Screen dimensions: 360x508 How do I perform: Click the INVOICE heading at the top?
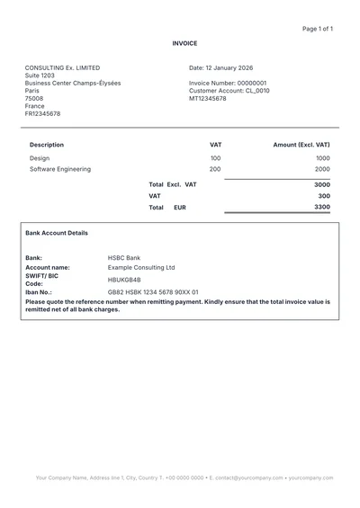(x=184, y=43)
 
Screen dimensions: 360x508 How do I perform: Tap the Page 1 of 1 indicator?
(x=318, y=29)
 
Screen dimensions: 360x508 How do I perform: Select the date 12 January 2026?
(x=220, y=67)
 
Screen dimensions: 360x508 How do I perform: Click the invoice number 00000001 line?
(x=221, y=83)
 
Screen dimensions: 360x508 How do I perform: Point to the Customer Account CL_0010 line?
(x=229, y=91)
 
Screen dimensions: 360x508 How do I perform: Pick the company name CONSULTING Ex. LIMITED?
(x=63, y=67)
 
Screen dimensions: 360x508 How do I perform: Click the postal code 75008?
(x=34, y=98)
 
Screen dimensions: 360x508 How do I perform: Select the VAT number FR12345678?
(x=43, y=114)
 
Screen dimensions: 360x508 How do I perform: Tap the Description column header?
(x=47, y=144)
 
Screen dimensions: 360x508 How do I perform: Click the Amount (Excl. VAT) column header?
(x=301, y=144)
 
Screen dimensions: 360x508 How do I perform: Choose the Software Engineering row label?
(x=60, y=169)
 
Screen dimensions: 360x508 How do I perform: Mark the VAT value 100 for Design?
(x=215, y=158)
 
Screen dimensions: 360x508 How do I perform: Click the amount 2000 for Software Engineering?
(x=322, y=169)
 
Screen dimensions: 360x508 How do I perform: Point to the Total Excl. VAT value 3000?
(x=322, y=184)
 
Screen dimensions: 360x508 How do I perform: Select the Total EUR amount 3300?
(x=322, y=207)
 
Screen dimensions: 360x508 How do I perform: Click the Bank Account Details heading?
(x=57, y=233)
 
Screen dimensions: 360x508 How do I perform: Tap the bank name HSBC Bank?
(x=124, y=258)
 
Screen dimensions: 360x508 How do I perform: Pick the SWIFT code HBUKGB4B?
(x=124, y=280)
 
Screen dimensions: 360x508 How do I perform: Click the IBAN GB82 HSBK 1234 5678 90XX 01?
(x=153, y=292)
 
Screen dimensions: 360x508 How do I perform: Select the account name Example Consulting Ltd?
(x=141, y=267)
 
